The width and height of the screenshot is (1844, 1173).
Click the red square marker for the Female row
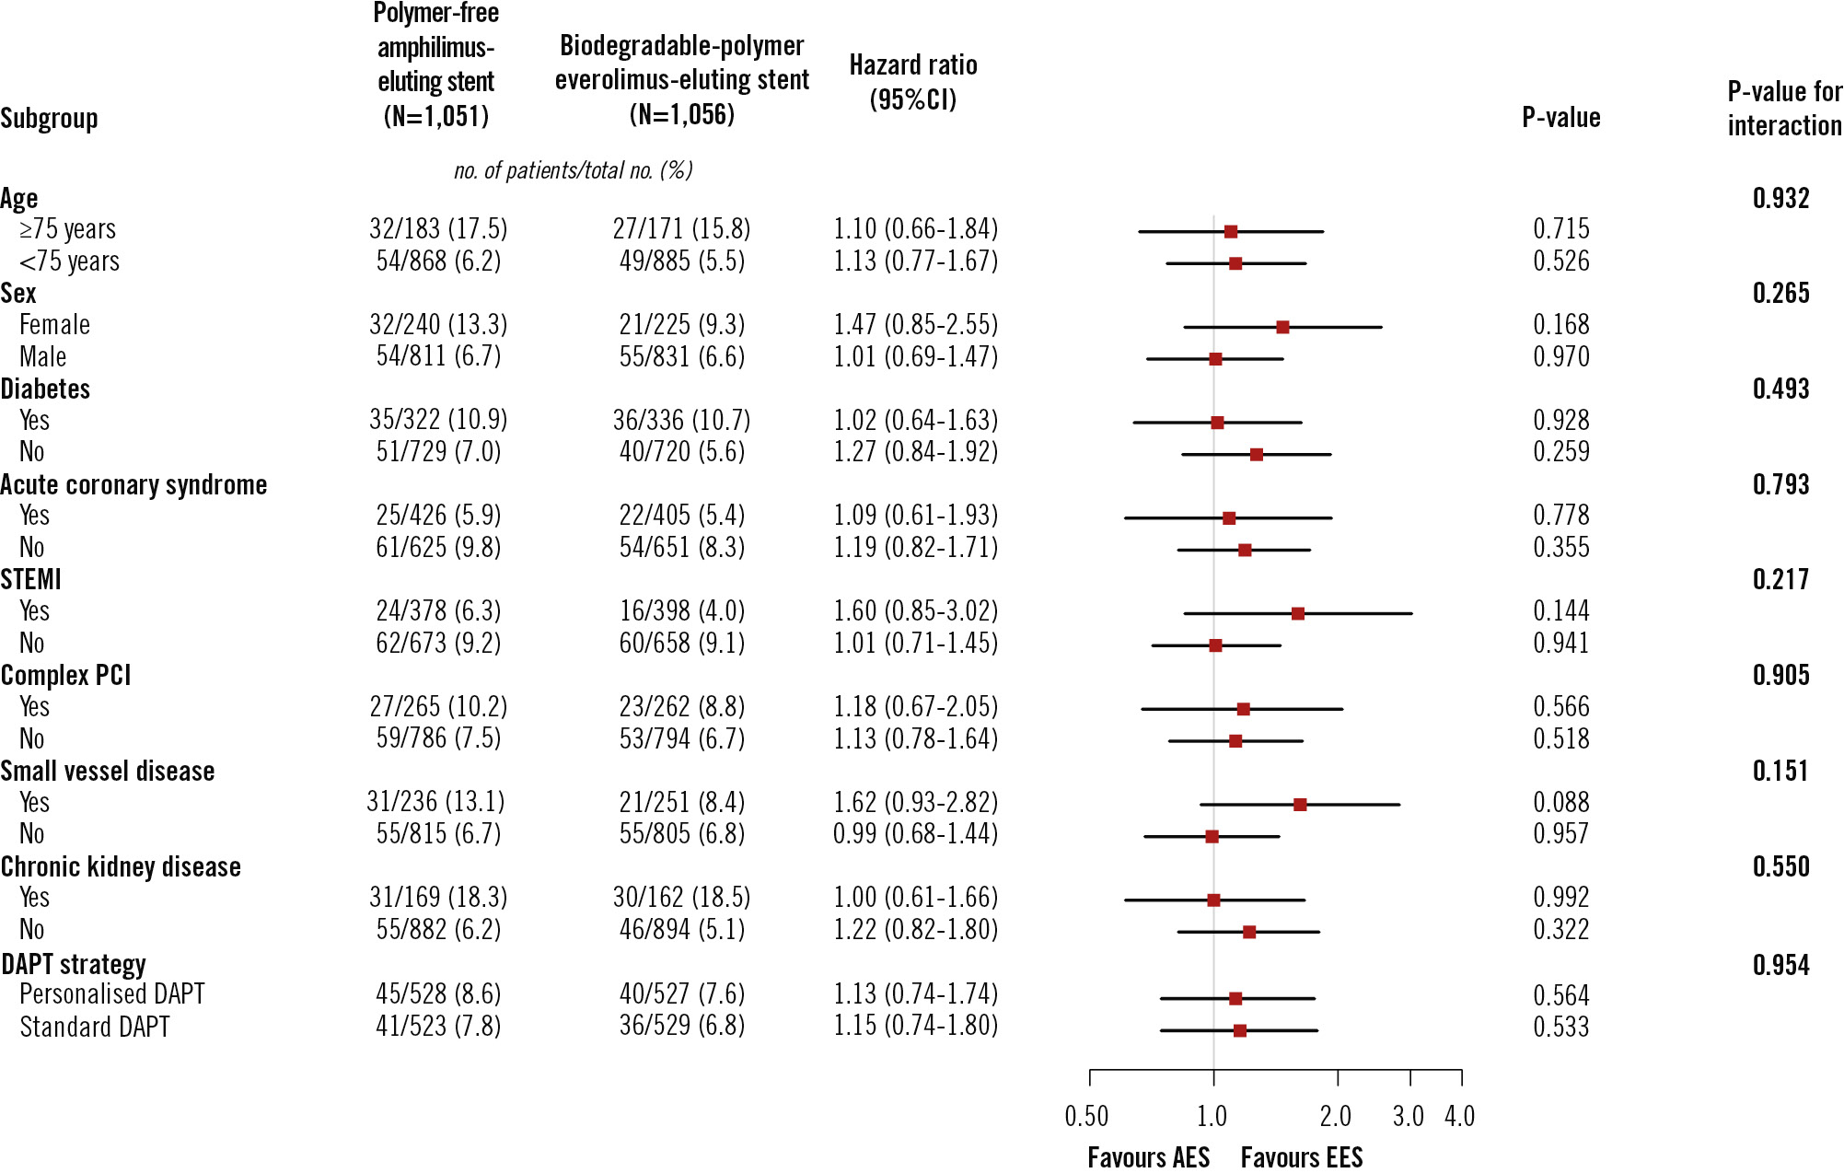coord(1282,327)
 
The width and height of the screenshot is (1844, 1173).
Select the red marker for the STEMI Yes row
coord(1298,613)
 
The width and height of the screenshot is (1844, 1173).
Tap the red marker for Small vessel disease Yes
coord(1300,805)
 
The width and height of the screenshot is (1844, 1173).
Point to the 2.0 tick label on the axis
coord(1336,1117)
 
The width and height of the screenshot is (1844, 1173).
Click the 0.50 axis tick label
coord(1086,1117)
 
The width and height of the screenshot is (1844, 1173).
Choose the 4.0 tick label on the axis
coord(1459,1117)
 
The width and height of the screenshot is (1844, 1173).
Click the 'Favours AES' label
coord(1148,1157)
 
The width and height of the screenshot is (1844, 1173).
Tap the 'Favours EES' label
coord(1301,1157)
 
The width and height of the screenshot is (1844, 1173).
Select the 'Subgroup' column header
coord(49,119)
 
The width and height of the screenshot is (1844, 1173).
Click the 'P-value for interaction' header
coord(1784,109)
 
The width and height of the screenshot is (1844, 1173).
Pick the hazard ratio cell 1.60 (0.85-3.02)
coord(915,610)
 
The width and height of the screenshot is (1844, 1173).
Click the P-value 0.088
coord(1560,802)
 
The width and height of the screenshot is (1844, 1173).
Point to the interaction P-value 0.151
coord(1780,771)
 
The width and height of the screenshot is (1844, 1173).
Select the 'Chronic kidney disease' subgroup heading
coord(121,866)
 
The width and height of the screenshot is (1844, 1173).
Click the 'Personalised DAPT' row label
coord(112,994)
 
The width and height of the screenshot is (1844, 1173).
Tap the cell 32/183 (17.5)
coord(438,228)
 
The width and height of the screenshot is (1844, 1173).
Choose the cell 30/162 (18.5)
coord(681,897)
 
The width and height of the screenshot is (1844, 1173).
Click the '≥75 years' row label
coord(68,228)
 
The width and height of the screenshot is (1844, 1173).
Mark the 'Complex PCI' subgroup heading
coord(65,675)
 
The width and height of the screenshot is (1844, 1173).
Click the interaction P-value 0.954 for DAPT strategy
coord(1780,965)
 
